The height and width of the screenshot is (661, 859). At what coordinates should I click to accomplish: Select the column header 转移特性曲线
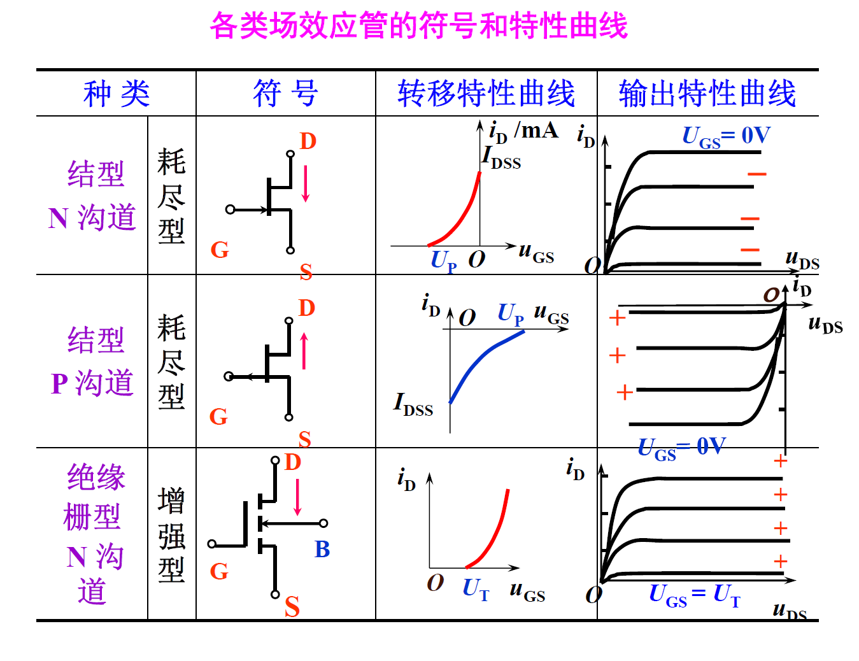pos(486,94)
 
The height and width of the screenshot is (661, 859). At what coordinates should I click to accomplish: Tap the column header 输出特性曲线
pos(707,94)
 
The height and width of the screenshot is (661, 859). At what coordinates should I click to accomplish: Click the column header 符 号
pos(285,94)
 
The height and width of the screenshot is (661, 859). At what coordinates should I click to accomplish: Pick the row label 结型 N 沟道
pos(93,195)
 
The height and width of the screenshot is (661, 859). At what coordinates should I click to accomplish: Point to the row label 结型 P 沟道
pos(93,361)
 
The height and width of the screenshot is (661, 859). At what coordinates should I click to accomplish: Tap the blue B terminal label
pos(322,550)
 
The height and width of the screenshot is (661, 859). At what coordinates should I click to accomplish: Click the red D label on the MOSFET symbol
pos(292,462)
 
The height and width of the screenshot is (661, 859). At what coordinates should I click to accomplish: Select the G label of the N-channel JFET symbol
pos(219,250)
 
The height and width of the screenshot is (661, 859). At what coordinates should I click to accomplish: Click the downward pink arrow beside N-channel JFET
pos(306,184)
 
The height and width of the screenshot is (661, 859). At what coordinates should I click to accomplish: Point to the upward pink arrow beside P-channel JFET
pos(304,351)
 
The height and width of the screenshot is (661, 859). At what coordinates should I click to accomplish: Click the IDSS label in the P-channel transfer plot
pos(413,405)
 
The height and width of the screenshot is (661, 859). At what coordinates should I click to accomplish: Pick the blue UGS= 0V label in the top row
pos(726,136)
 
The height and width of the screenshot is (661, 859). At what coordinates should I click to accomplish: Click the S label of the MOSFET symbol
pos(292,607)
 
